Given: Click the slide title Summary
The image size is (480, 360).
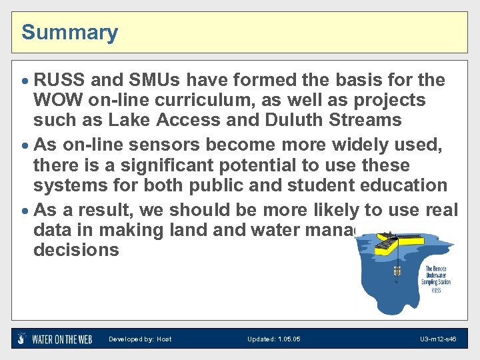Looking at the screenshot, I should click(x=69, y=32).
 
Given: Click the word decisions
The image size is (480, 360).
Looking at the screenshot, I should click(x=76, y=250).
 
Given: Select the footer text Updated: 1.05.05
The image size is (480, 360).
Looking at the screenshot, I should click(x=273, y=339).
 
